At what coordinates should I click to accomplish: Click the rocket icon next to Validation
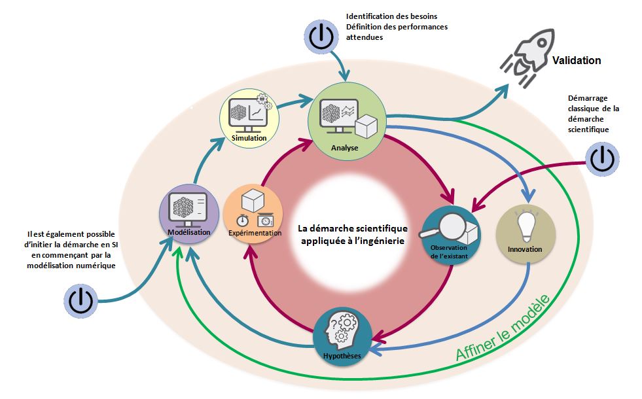526,55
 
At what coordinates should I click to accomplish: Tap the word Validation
576,61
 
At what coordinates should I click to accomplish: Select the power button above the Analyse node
321,36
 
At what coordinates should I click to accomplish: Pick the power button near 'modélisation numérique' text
80,301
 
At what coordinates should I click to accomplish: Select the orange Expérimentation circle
253,214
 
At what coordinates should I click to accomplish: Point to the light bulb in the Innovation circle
526,227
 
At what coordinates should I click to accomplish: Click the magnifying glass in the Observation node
445,226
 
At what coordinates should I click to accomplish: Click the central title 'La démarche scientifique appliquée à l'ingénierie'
352,234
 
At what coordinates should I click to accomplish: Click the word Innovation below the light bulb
525,250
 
